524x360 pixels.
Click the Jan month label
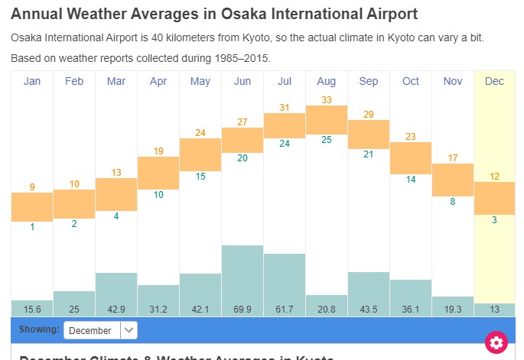pos(32,81)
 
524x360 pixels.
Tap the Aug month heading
pos(326,81)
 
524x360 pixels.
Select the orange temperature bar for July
pos(285,126)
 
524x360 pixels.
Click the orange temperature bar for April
pos(158,173)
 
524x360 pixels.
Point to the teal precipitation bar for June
pos(242,274)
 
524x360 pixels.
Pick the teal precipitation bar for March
pos(116,287)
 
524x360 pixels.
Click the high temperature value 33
pos(327,99)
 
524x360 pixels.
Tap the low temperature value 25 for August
pos(327,140)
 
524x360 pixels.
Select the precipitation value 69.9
pos(242,309)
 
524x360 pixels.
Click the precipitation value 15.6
pos(32,309)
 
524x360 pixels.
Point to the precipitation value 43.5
pos(369,309)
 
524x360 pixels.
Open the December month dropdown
pos(100,330)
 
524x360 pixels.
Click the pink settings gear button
pos(496,342)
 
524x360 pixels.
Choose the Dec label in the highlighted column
pos(494,81)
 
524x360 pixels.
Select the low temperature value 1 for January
pos(32,227)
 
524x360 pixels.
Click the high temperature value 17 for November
pos(453,158)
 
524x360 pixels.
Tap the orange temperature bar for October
pos(411,158)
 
